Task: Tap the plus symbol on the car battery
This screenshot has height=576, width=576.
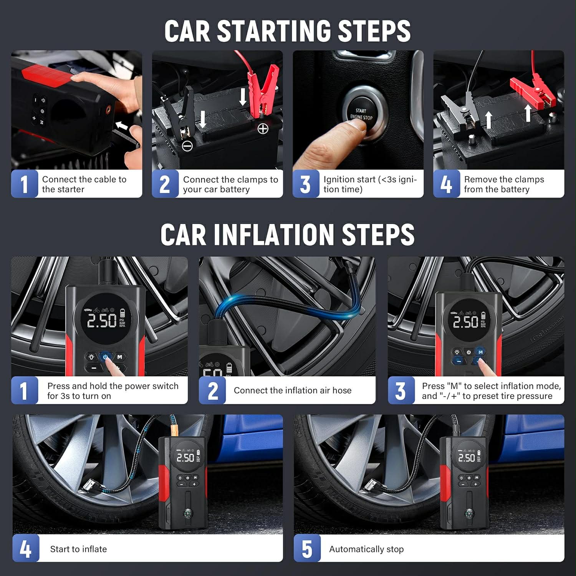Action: pos(263,129)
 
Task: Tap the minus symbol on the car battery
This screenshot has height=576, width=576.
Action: pos(187,146)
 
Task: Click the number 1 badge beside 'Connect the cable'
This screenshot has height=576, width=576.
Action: pos(25,184)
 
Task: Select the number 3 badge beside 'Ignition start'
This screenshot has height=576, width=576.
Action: pos(306,184)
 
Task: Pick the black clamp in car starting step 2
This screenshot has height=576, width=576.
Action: pos(184,111)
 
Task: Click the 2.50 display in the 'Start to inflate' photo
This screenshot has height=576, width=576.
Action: pos(185,457)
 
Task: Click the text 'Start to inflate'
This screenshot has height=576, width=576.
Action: pos(78,549)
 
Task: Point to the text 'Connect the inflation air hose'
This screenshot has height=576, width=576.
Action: pos(292,390)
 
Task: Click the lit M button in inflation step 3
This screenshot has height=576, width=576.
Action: pos(480,352)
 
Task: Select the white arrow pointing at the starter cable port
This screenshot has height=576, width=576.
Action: pos(122,126)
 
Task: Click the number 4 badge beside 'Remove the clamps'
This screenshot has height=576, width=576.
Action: pos(446,184)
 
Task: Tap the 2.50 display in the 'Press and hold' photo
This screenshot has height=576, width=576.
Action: pos(101,320)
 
